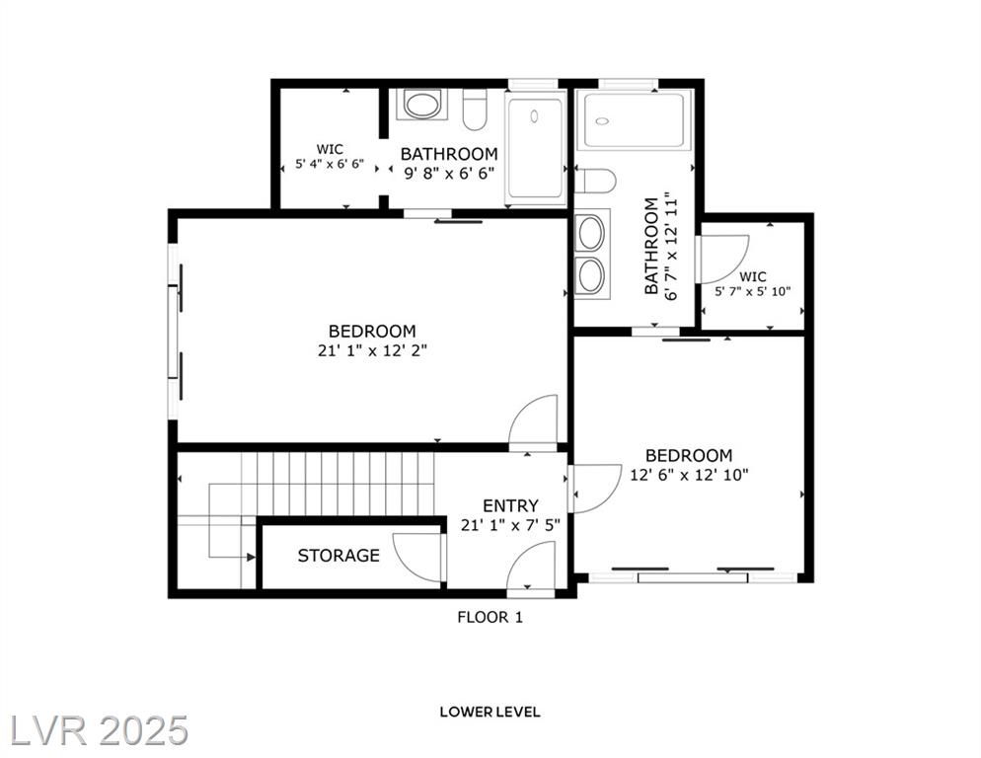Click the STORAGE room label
point(339,556)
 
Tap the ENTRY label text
point(510,505)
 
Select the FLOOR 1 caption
point(490,617)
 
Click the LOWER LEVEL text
point(490,712)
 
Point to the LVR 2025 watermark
point(99,730)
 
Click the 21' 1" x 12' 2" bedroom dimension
point(372,350)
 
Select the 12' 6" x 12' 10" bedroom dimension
point(689,475)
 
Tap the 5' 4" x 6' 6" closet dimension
point(330,165)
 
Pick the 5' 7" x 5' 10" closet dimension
point(753,291)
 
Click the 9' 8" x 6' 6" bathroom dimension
point(449,173)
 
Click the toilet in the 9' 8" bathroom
point(475,111)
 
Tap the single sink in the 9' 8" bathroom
point(421,105)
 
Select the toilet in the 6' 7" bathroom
point(595,181)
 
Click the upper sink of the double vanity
point(591,233)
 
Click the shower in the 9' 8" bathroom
point(535,148)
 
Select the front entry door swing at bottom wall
point(531,566)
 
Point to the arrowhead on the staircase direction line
point(251,557)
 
